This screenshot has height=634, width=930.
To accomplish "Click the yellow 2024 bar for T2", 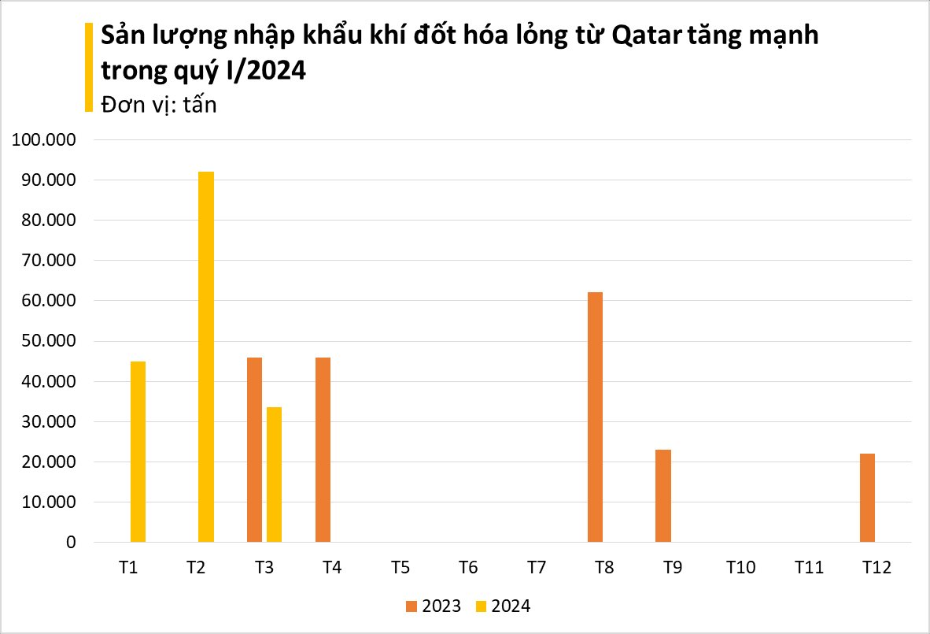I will [206, 357].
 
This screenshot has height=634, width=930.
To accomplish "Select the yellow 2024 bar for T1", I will [138, 451].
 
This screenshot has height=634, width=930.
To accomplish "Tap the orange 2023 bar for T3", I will [254, 450].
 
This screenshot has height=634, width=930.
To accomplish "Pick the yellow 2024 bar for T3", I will [274, 474].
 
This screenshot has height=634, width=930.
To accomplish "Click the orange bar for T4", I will [323, 450].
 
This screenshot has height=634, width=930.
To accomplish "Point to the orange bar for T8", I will [595, 417].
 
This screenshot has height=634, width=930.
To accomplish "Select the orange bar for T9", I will [663, 496].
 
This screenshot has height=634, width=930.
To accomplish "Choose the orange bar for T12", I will [867, 498].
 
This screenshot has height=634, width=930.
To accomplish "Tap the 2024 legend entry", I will [504, 606].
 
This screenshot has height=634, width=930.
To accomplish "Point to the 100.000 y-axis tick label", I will [42, 140].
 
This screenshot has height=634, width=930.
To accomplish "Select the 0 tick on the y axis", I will [71, 543].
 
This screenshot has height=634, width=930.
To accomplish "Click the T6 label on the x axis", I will [468, 568].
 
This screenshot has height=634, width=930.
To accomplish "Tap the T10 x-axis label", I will [740, 568].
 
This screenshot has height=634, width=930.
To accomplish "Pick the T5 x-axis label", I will [400, 568].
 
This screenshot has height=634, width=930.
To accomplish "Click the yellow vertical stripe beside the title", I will [88, 67].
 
